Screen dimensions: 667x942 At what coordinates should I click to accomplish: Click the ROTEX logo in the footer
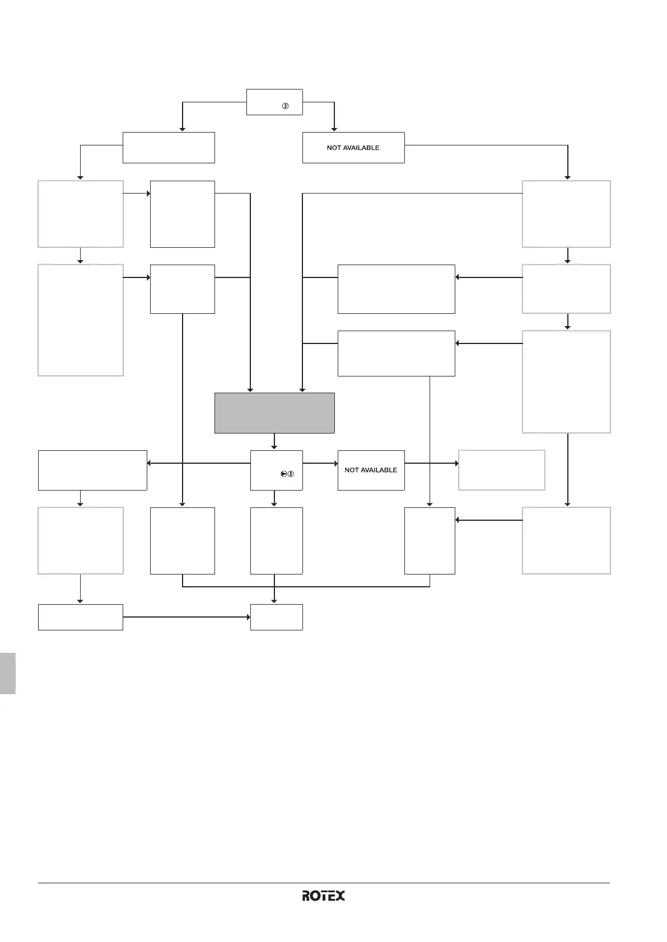[x=323, y=896]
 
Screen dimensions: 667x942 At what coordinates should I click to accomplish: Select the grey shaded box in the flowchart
[x=274, y=413]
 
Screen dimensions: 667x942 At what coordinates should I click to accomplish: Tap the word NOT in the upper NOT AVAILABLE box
[x=334, y=148]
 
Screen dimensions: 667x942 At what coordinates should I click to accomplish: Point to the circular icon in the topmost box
[x=285, y=106]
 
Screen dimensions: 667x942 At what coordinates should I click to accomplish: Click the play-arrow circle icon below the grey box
[x=284, y=474]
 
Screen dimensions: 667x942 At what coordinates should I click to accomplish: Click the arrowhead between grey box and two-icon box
[x=274, y=446]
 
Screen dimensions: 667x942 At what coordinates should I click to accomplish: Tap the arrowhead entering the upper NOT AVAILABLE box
[x=334, y=129]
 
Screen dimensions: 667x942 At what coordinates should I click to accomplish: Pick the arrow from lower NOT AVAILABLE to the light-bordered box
[x=431, y=463]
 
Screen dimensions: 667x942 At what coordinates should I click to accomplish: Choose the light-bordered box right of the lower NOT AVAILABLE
[x=501, y=470]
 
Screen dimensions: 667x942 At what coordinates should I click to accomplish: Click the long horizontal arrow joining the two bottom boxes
[x=186, y=617]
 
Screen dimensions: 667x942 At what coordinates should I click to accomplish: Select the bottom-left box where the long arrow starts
[x=80, y=617]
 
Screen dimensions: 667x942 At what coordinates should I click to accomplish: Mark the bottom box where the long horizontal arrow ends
[x=276, y=617]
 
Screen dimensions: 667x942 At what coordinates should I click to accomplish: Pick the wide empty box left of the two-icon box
[x=92, y=470]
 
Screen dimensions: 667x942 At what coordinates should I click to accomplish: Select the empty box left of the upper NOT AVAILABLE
[x=169, y=148]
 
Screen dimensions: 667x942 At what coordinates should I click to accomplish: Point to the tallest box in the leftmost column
[x=80, y=320]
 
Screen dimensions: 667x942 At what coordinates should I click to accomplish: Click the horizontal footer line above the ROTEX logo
[x=324, y=883]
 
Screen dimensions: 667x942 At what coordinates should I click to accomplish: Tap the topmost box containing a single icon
[x=274, y=102]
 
